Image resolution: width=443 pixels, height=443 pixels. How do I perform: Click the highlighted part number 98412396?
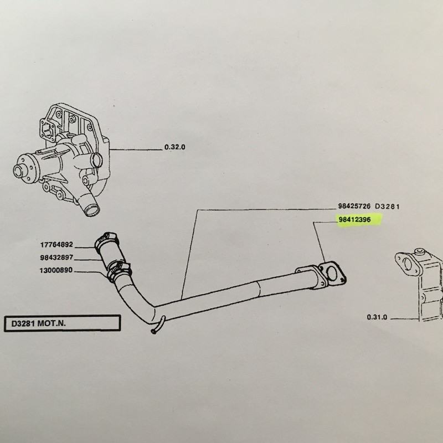pyautogui.click(x=354, y=219)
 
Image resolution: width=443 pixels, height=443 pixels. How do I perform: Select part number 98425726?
pyautogui.click(x=354, y=206)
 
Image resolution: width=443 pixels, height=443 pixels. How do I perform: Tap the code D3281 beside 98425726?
pyautogui.click(x=387, y=207)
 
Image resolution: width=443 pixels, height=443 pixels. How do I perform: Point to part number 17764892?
pyautogui.click(x=56, y=244)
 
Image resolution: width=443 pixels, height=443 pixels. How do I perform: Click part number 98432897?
pyautogui.click(x=56, y=257)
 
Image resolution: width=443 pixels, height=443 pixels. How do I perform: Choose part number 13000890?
pyautogui.click(x=56, y=270)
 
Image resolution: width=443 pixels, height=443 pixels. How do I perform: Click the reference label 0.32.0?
pyautogui.click(x=174, y=147)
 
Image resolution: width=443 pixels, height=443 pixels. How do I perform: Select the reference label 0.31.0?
pyautogui.click(x=377, y=317)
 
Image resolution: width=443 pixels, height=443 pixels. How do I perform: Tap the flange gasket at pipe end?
pyautogui.click(x=332, y=272)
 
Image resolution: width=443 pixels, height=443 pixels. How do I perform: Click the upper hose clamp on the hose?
pyautogui.click(x=105, y=240)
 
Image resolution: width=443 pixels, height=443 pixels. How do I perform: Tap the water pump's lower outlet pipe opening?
pyautogui.click(x=92, y=211)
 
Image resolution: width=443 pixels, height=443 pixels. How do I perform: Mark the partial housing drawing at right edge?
pyautogui.click(x=419, y=285)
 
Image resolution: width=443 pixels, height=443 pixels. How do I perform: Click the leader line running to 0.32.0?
pyautogui.click(x=136, y=149)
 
